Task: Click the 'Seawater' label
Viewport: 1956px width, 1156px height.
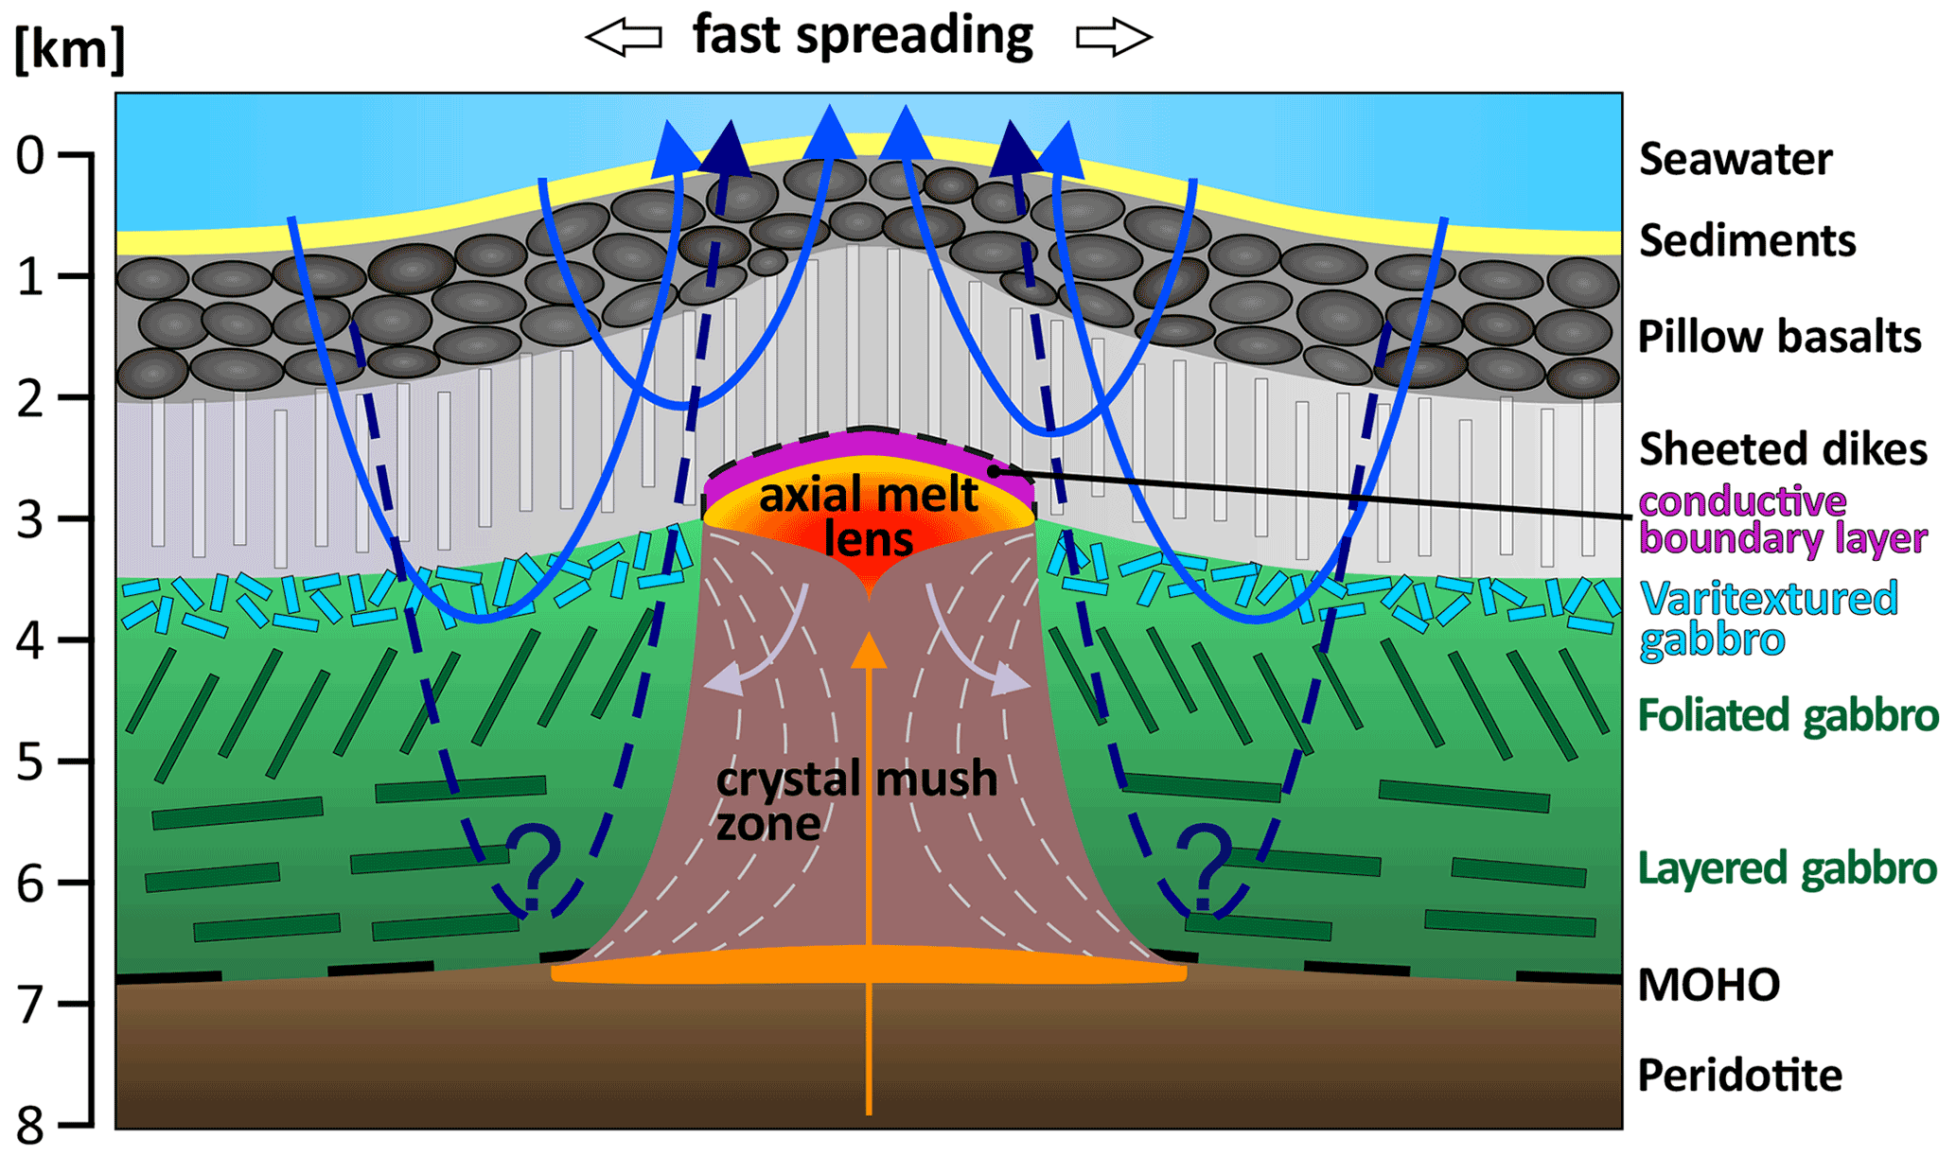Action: [x=1735, y=159]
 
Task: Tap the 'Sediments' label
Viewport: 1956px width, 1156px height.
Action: [x=1747, y=241]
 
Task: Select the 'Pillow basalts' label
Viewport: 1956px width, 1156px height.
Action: [x=1779, y=337]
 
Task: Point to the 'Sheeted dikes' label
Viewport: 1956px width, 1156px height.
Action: [x=1782, y=449]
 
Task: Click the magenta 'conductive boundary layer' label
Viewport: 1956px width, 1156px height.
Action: [x=1782, y=519]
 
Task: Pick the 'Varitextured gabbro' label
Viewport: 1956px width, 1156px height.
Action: [x=1768, y=619]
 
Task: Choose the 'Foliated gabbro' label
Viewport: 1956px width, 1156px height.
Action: [x=1788, y=716]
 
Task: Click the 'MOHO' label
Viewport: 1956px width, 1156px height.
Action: [x=1708, y=986]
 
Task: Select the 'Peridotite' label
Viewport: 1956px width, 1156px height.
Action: [x=1739, y=1076]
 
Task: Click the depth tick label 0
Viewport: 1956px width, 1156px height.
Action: [x=30, y=155]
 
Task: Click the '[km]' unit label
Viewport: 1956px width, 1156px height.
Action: [x=69, y=49]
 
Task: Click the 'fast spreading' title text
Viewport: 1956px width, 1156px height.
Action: [x=862, y=36]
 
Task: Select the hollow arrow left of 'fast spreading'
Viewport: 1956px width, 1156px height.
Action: [x=624, y=38]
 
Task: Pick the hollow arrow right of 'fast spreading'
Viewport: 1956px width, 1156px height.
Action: [x=1114, y=38]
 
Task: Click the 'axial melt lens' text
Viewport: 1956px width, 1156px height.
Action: [x=868, y=517]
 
